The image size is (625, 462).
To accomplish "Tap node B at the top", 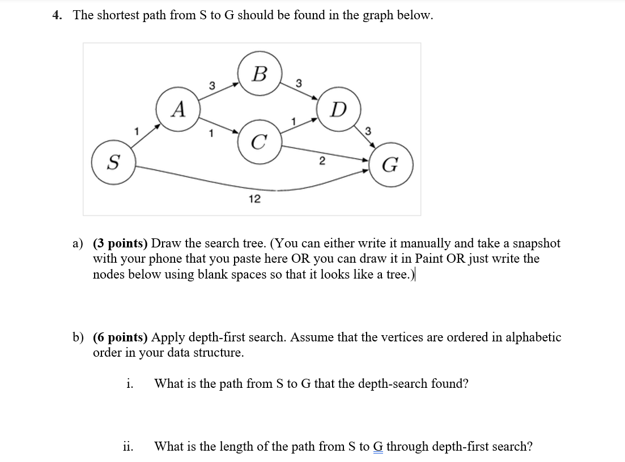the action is pos(260,74).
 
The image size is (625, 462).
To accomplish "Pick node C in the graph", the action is pos(258,142).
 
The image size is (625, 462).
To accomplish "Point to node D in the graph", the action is pos(338,109).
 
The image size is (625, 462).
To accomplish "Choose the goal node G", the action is pos(390,165).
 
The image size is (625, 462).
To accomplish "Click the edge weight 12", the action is pos(254,199).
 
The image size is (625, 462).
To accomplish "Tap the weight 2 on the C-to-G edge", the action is pos(321,162).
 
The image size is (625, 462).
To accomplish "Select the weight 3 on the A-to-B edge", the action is pos(212,85).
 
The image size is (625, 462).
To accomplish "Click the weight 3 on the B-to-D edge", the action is pos(299,84).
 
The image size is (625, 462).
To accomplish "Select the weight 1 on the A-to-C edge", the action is pos(211,134).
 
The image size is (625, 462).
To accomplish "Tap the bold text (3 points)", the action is pos(120,243).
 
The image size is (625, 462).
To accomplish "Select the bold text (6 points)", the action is pos(120,337).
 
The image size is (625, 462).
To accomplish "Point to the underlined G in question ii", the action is pos(377,446).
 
